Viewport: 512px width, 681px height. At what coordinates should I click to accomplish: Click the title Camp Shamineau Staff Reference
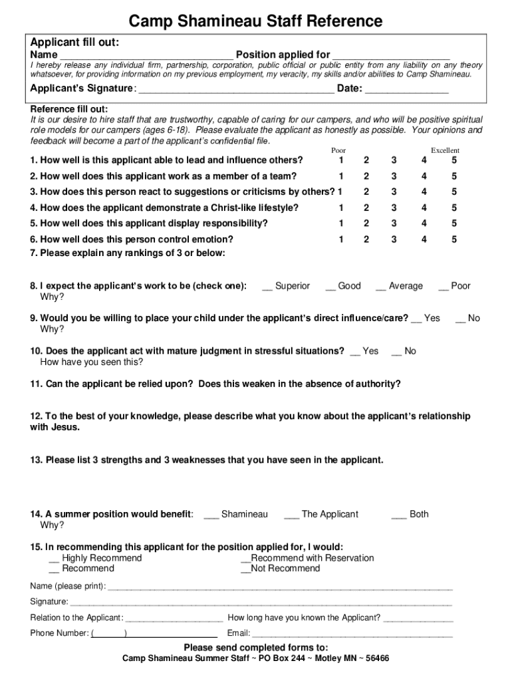[255, 21]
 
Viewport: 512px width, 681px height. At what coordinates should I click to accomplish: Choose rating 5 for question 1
[455, 160]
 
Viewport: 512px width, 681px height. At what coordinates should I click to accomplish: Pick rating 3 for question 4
[394, 207]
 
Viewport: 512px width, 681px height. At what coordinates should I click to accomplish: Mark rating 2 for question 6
[366, 239]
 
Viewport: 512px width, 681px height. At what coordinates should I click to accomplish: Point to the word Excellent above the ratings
[445, 151]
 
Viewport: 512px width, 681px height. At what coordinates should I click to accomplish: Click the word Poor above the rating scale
[338, 151]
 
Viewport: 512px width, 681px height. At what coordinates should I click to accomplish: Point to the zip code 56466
[376, 659]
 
